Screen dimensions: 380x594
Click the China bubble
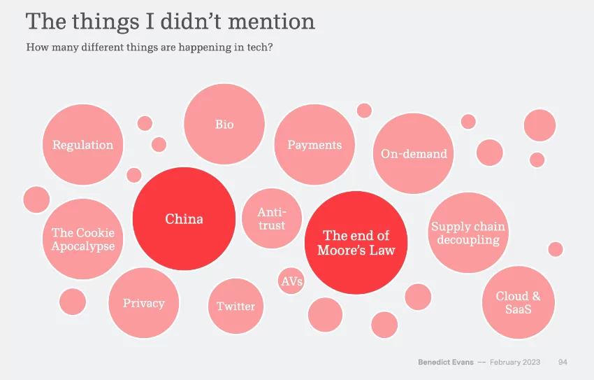(184, 219)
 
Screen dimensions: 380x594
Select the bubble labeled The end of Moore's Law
(356, 243)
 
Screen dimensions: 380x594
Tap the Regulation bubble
(82, 145)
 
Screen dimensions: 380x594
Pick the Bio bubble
(224, 125)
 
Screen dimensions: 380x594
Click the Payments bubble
(314, 145)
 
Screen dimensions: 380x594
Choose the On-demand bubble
(414, 154)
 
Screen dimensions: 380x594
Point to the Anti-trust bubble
(271, 218)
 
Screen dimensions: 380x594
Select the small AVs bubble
(291, 281)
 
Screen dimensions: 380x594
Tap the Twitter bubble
(236, 306)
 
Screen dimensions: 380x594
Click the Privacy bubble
(144, 303)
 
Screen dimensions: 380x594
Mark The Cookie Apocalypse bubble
(82, 239)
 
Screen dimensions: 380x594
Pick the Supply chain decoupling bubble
(468, 233)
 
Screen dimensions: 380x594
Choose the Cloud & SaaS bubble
(518, 302)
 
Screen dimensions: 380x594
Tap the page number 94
(563, 362)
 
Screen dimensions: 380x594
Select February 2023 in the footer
(515, 362)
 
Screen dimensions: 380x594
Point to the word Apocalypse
(82, 246)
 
